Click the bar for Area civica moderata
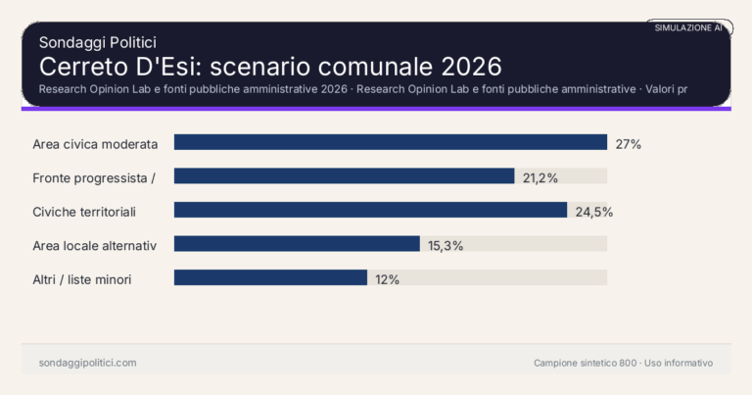tap(391, 143)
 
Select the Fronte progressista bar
tap(344, 176)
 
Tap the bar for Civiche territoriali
tap(370, 211)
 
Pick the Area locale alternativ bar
tap(297, 244)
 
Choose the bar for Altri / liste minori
tap(270, 278)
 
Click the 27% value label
tap(628, 144)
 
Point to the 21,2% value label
tap(540, 177)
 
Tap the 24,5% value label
tap(592, 212)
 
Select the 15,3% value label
tap(446, 245)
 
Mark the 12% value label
tap(387, 279)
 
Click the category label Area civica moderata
tap(95, 144)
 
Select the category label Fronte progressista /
tap(94, 177)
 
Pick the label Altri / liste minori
tap(82, 279)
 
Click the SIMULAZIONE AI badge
tap(688, 27)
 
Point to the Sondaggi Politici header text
tap(98, 42)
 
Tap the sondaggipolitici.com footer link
tap(87, 363)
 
